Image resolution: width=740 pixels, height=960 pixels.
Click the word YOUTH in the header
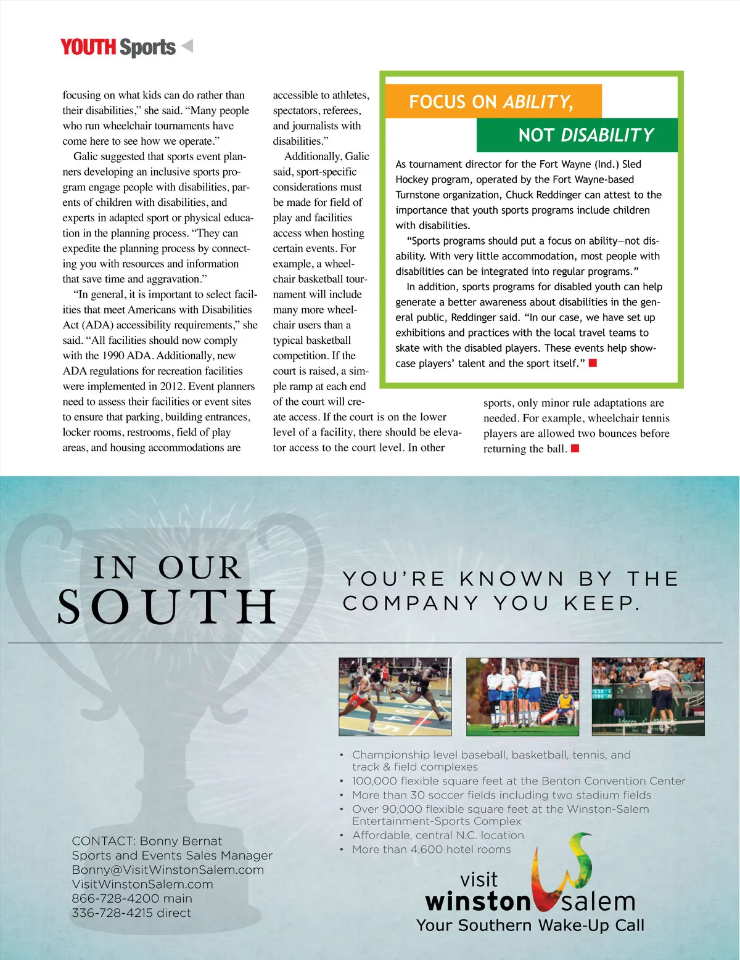pyautogui.click(x=88, y=47)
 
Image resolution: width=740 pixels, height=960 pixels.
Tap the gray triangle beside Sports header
pyautogui.click(x=187, y=46)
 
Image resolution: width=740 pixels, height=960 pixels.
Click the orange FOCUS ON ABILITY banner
pyautogui.click(x=491, y=102)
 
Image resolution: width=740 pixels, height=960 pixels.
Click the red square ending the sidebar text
pyautogui.click(x=593, y=363)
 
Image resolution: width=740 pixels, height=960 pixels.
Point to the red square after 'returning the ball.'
pyautogui.click(x=575, y=449)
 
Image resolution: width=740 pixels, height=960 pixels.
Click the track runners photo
pyautogui.click(x=395, y=696)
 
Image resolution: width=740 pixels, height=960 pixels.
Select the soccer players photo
pyautogui.click(x=522, y=696)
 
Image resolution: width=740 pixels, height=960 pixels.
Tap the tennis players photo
pyautogui.click(x=647, y=696)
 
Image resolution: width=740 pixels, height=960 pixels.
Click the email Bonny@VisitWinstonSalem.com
pyautogui.click(x=168, y=870)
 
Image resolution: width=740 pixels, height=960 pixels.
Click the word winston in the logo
pyautogui.click(x=478, y=901)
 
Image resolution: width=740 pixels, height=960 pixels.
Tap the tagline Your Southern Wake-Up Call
pyautogui.click(x=530, y=925)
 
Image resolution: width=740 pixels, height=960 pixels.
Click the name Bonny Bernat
pyautogui.click(x=181, y=841)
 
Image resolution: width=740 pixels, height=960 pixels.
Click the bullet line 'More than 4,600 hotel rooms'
pyautogui.click(x=431, y=849)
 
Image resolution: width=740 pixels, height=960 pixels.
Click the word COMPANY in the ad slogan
pyautogui.click(x=411, y=603)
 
